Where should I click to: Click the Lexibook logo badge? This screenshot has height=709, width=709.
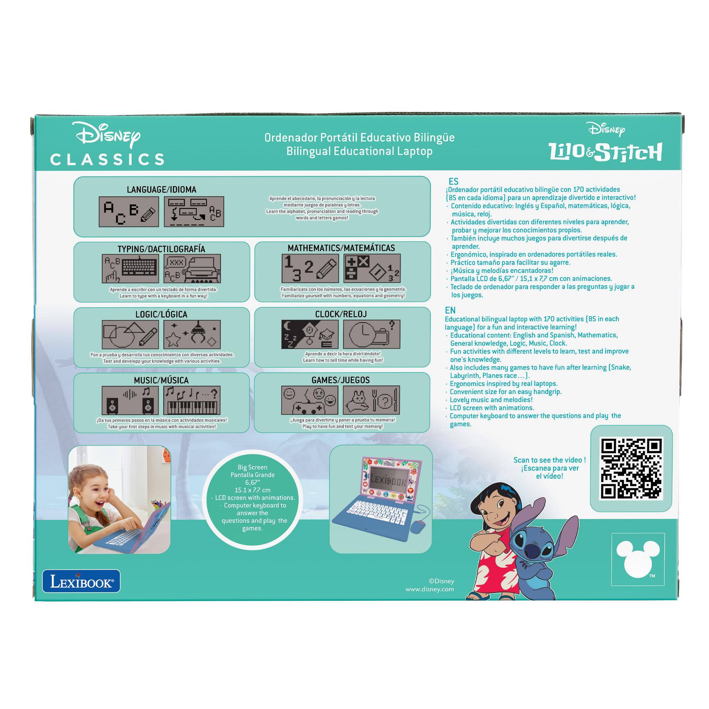point(81,581)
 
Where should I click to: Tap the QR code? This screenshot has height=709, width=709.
point(631,469)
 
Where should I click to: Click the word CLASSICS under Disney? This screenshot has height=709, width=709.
point(107,159)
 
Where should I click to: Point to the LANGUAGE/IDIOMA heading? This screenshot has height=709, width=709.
point(161,189)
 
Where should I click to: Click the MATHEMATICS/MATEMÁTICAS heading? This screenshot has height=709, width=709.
point(341,248)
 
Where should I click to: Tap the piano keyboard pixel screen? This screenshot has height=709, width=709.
point(192,400)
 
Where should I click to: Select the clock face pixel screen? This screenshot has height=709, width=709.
point(371,334)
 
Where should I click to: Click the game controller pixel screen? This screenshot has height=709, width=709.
point(310,400)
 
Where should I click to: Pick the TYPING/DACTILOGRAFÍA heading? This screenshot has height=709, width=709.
point(161,249)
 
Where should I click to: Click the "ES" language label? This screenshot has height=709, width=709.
point(454,181)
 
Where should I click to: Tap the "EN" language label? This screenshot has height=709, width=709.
point(450,311)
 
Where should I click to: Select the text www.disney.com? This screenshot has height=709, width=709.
point(430,589)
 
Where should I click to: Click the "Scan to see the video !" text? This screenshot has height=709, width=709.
point(549,460)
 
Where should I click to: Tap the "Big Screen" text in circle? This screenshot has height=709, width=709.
point(252,467)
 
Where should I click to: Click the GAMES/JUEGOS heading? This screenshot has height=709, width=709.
point(341,380)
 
